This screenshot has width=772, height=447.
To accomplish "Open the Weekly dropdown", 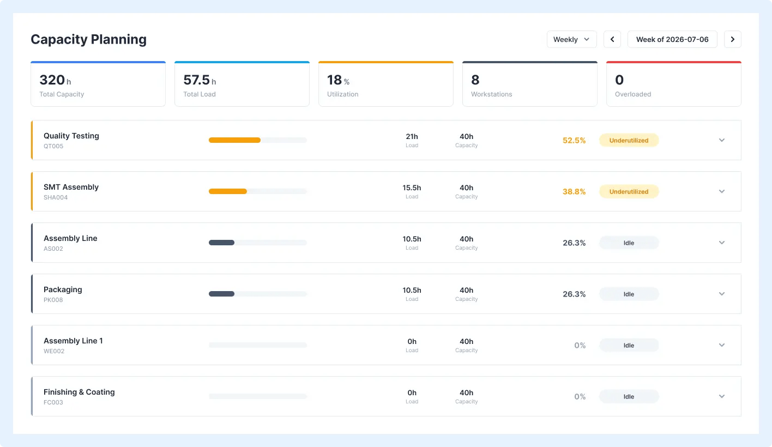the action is pyautogui.click(x=571, y=39).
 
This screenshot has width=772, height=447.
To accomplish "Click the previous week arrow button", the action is pyautogui.click(x=612, y=39).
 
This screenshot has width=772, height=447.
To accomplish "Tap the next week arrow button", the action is pyautogui.click(x=732, y=39).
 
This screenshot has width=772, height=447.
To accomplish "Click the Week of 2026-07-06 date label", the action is pyautogui.click(x=672, y=39).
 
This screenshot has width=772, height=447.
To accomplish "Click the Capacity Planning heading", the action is pyautogui.click(x=88, y=39).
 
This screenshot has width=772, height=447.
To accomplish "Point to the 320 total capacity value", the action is pyautogui.click(x=52, y=80).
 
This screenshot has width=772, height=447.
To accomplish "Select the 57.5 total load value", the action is pyautogui.click(x=196, y=80).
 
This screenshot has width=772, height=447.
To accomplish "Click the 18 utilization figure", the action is pyautogui.click(x=334, y=80).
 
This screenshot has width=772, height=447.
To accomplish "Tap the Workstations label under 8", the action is pyautogui.click(x=491, y=94).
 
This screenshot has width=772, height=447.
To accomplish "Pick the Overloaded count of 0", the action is pyautogui.click(x=619, y=80).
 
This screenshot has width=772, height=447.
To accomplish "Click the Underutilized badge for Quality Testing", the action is pyautogui.click(x=629, y=140).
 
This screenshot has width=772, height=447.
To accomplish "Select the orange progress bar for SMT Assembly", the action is pyautogui.click(x=228, y=191).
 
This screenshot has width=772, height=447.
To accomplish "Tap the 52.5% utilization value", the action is pyautogui.click(x=574, y=140).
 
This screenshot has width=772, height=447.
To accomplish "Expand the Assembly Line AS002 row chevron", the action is pyautogui.click(x=722, y=243).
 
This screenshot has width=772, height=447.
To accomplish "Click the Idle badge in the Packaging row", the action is pyautogui.click(x=629, y=294).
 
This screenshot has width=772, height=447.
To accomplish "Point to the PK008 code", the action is pyautogui.click(x=53, y=300).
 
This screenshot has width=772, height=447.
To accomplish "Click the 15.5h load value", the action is pyautogui.click(x=412, y=188).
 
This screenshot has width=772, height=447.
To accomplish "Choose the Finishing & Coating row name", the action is pyautogui.click(x=79, y=392).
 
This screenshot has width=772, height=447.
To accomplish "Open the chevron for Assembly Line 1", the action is pyautogui.click(x=722, y=345).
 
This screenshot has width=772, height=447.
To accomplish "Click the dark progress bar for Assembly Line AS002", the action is pyautogui.click(x=221, y=243).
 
